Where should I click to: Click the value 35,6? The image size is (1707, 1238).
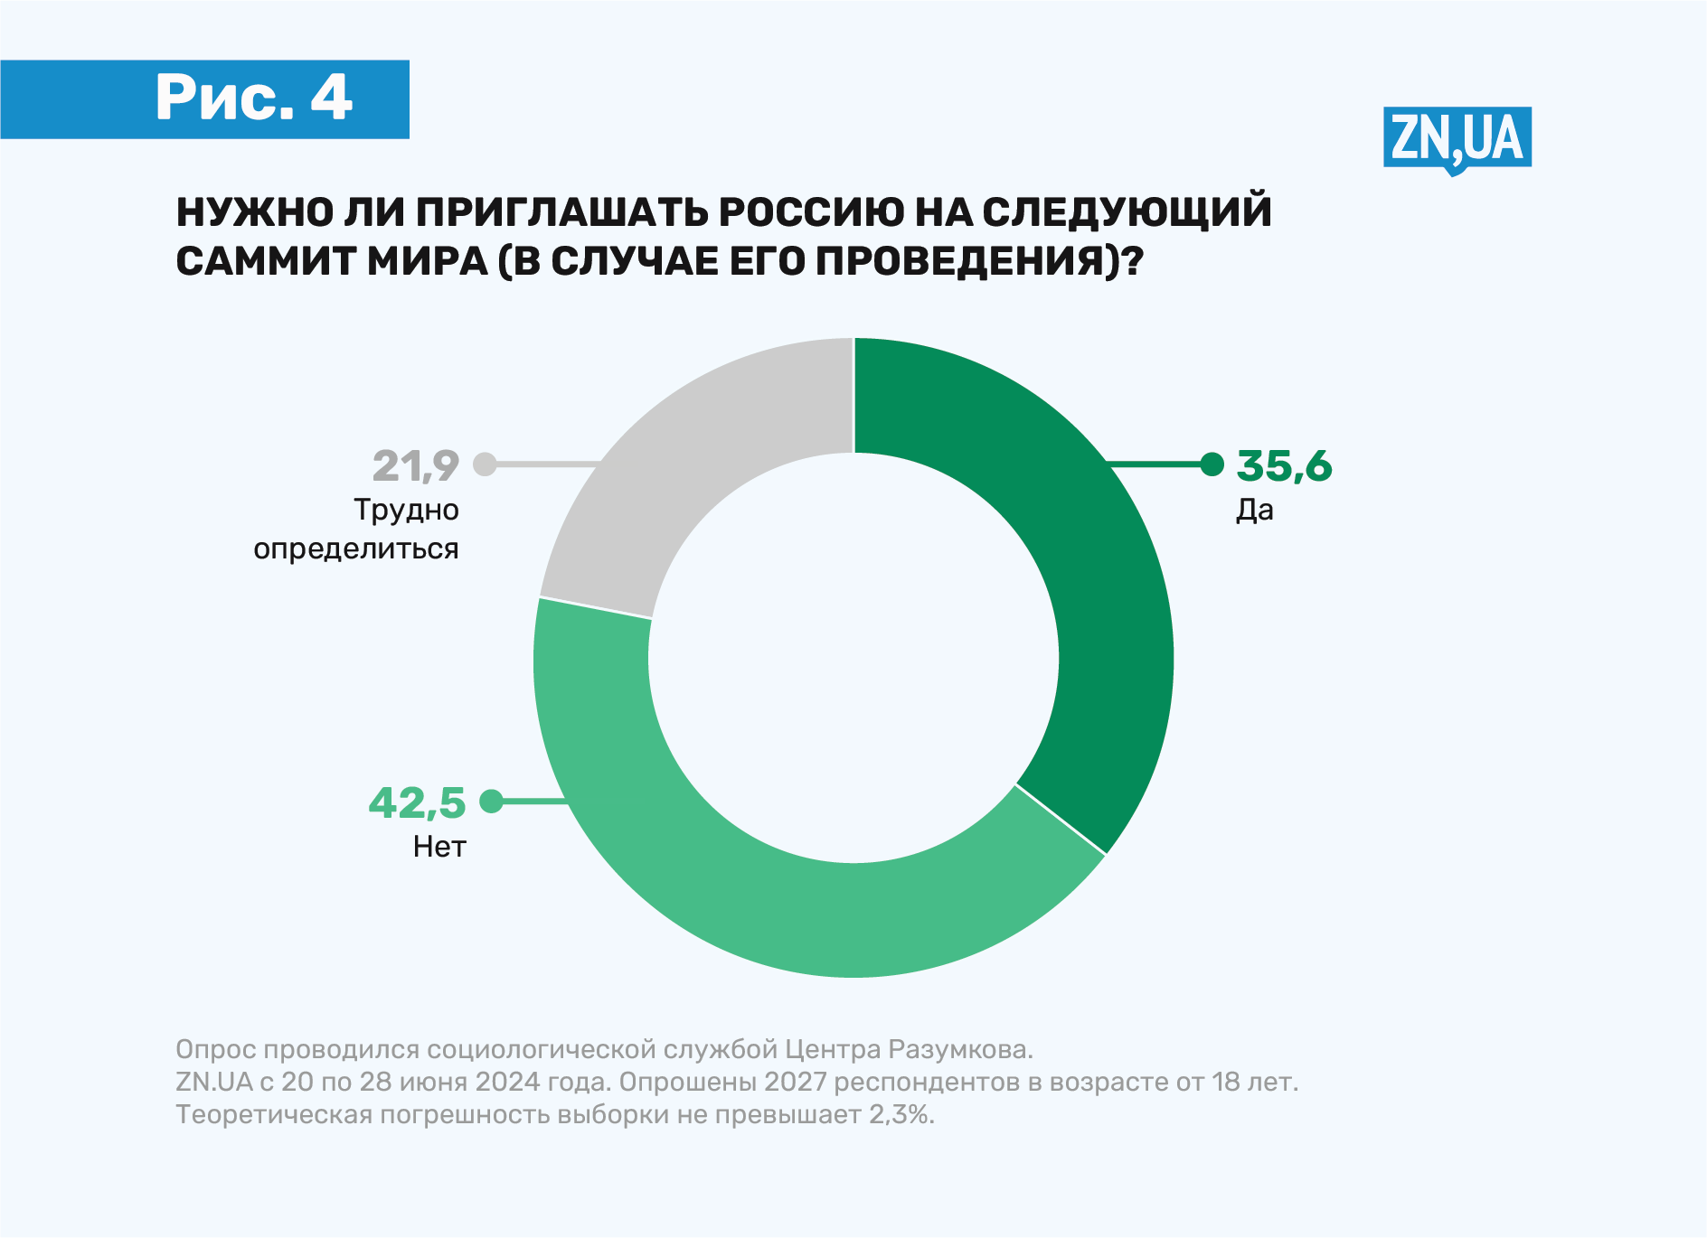(1284, 466)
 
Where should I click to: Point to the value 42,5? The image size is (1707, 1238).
(417, 803)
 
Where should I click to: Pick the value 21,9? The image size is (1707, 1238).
(416, 466)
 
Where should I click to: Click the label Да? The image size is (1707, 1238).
(1254, 511)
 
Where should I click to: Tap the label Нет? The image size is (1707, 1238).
(439, 847)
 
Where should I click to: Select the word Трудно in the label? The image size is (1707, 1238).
(406, 511)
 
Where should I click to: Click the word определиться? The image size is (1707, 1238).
(356, 549)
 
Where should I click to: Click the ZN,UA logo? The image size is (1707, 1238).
(1457, 138)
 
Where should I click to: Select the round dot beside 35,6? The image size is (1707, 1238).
(1212, 464)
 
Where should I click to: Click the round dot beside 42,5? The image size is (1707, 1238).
(491, 801)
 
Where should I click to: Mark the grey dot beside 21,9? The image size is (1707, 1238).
(486, 464)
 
